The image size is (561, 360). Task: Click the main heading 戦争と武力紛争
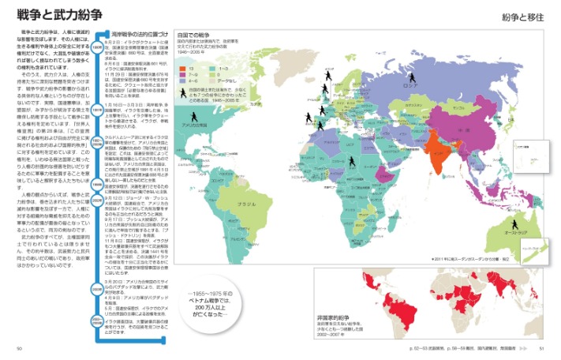pyautogui.click(x=51, y=15)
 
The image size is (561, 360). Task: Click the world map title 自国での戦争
pyautogui.click(x=193, y=36)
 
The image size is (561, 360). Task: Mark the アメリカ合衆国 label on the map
pyautogui.click(x=196, y=124)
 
